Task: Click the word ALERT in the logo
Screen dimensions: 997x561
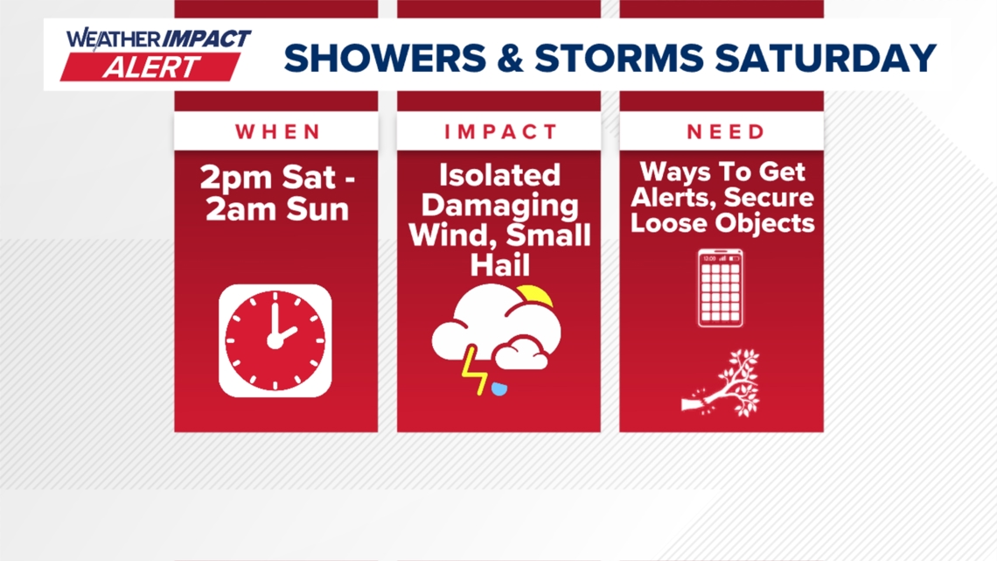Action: point(151,67)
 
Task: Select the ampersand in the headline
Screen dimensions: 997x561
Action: point(511,58)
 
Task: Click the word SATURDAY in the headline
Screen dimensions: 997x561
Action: point(826,58)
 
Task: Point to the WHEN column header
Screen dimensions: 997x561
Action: point(278,131)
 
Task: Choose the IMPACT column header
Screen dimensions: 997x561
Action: point(500,131)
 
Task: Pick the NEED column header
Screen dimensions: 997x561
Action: point(726,131)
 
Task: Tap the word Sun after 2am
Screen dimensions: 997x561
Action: point(317,209)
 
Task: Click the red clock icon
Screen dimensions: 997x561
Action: point(275,341)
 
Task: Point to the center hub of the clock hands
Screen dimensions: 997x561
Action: point(275,341)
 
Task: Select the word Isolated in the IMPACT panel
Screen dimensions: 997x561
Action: point(499,175)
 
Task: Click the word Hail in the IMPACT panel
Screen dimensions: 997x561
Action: point(499,264)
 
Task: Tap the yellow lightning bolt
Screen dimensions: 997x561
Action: point(474,370)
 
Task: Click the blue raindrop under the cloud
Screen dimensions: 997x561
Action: point(499,389)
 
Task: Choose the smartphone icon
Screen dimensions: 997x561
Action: point(721,288)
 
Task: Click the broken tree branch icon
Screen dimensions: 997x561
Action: point(722,383)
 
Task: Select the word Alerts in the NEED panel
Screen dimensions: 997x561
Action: point(673,197)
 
